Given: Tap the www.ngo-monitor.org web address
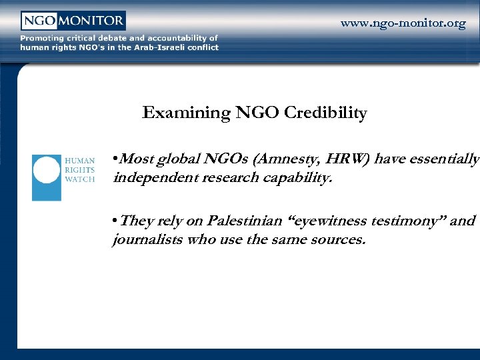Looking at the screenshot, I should point(403,23).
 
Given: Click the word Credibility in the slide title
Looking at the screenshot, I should point(325,113).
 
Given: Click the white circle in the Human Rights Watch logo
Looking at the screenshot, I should point(47,170).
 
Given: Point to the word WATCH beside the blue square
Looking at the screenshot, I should point(79,179).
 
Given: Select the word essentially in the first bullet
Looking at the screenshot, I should point(446,159).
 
